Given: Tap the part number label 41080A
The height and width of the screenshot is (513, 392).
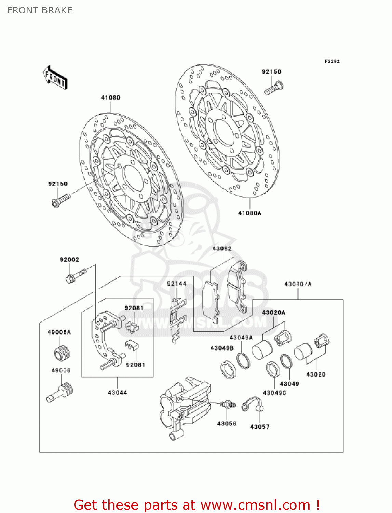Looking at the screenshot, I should (x=249, y=213).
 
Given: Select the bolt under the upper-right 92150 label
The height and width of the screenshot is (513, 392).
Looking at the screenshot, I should (x=274, y=88).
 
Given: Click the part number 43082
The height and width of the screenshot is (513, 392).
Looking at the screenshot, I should (x=222, y=249).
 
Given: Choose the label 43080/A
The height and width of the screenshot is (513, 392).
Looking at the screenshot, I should (x=298, y=284).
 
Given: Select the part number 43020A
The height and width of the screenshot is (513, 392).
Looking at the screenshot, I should (x=273, y=313).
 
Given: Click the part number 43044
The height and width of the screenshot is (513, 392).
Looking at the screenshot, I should (x=117, y=393).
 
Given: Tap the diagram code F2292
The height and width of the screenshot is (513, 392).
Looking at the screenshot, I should (x=332, y=61).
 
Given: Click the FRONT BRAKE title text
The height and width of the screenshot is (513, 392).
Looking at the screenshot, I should (x=40, y=10).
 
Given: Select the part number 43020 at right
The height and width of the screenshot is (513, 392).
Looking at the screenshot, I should (x=316, y=374).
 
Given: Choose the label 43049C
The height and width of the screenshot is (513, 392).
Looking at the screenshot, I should (x=274, y=393).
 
